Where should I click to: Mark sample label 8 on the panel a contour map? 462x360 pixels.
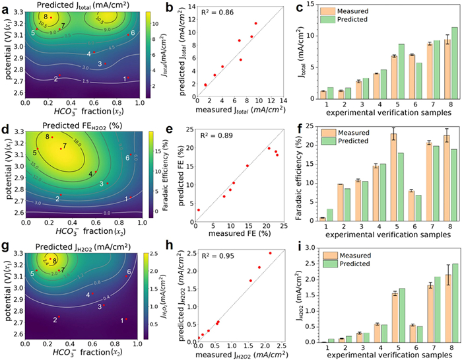tap(46, 16)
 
